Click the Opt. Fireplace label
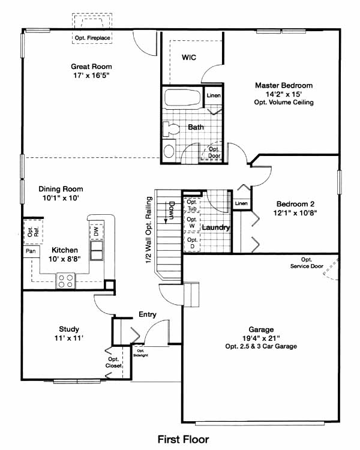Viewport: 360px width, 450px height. (x=92, y=38)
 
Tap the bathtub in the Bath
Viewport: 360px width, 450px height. (x=182, y=98)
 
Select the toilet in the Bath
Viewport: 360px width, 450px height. (x=171, y=129)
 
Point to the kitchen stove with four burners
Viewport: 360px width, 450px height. (x=66, y=281)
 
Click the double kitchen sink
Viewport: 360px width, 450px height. (x=97, y=251)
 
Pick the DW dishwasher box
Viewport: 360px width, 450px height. (x=96, y=232)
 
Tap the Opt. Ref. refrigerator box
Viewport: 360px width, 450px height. (x=33, y=232)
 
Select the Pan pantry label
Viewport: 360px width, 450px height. (x=31, y=251)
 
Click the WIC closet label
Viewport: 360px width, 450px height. (x=189, y=58)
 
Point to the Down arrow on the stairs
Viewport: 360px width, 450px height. (x=166, y=212)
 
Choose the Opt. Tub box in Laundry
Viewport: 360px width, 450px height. (x=192, y=205)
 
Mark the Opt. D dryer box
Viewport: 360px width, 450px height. (x=192, y=243)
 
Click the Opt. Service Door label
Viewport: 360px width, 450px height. (x=307, y=263)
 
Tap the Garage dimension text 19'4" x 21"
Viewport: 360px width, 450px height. (x=261, y=338)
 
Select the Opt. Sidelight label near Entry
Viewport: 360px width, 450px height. (x=140, y=353)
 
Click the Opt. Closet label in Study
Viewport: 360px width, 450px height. (x=113, y=362)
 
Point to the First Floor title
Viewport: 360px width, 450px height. (x=184, y=439)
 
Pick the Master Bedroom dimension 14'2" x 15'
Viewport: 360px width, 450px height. (x=284, y=94)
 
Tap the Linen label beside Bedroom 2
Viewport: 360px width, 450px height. (x=241, y=203)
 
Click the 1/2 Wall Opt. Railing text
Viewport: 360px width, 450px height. (x=149, y=230)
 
